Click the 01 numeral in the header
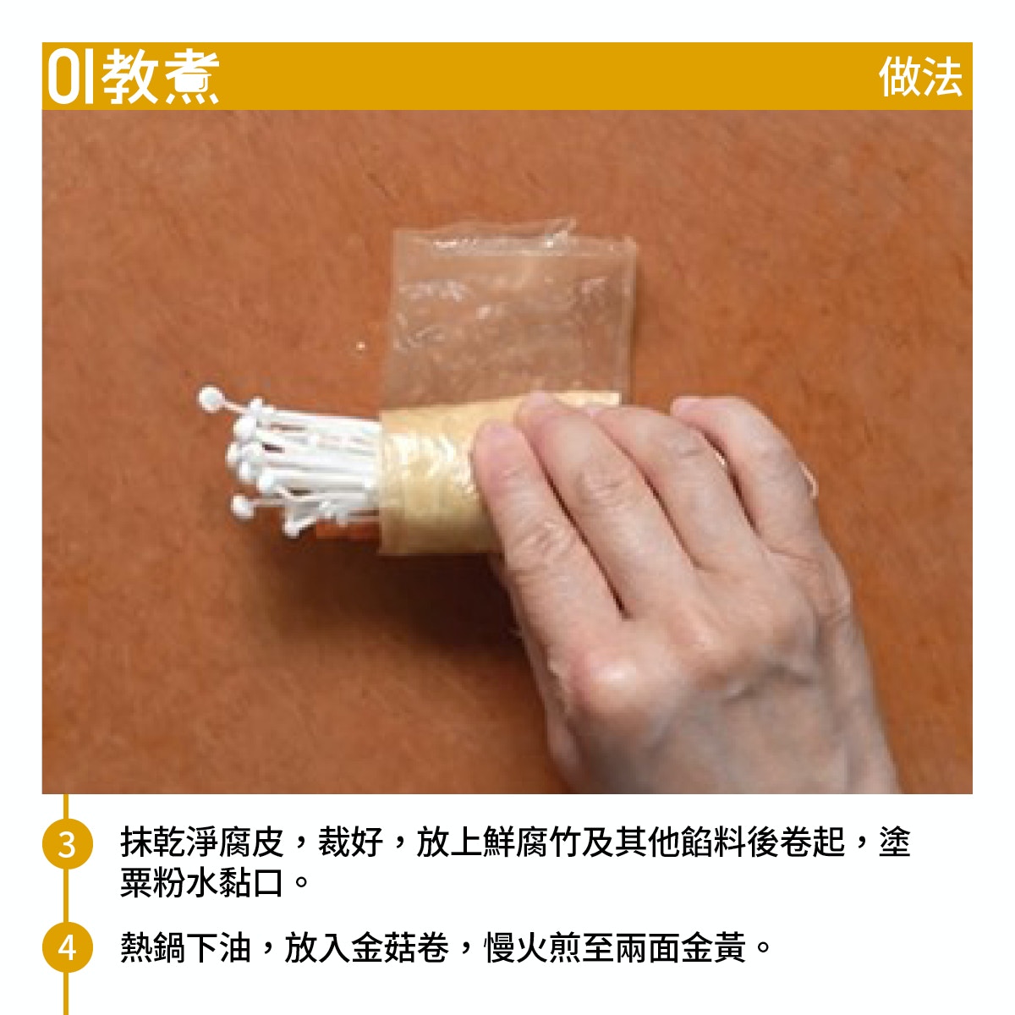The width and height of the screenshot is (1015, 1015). click(70, 77)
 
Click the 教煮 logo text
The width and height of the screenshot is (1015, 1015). click(160, 77)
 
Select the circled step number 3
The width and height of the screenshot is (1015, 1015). click(67, 844)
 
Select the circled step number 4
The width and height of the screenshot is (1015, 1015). click(67, 947)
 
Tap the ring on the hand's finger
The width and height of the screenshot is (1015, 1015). click(809, 477)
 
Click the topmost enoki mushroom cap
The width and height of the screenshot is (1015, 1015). click(210, 398)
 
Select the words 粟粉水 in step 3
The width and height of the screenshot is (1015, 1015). click(170, 883)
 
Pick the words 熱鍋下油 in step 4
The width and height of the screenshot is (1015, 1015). click(186, 947)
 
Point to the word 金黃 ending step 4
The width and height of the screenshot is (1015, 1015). click(714, 947)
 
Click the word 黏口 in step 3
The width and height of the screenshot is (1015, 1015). click(252, 883)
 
